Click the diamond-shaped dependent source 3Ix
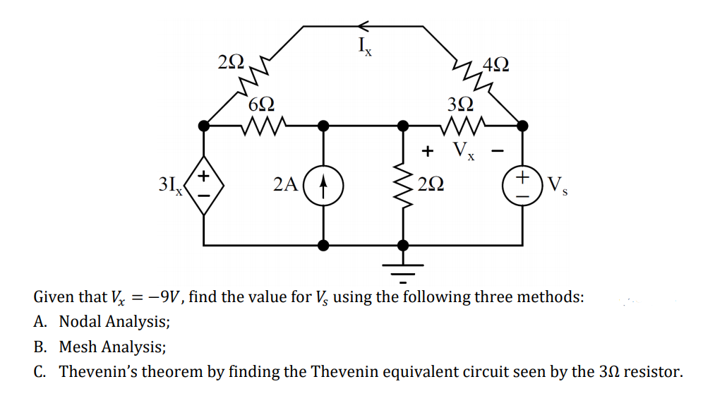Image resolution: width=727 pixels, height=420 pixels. [205, 185]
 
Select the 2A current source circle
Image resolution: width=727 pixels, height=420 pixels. [324, 186]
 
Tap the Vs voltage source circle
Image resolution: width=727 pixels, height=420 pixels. [522, 186]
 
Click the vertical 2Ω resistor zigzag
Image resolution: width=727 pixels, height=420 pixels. [403, 186]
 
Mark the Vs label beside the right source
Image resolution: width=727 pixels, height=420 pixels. [556, 187]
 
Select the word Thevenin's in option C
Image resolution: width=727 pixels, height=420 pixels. [99, 371]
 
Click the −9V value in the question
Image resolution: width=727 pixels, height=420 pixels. [164, 296]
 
